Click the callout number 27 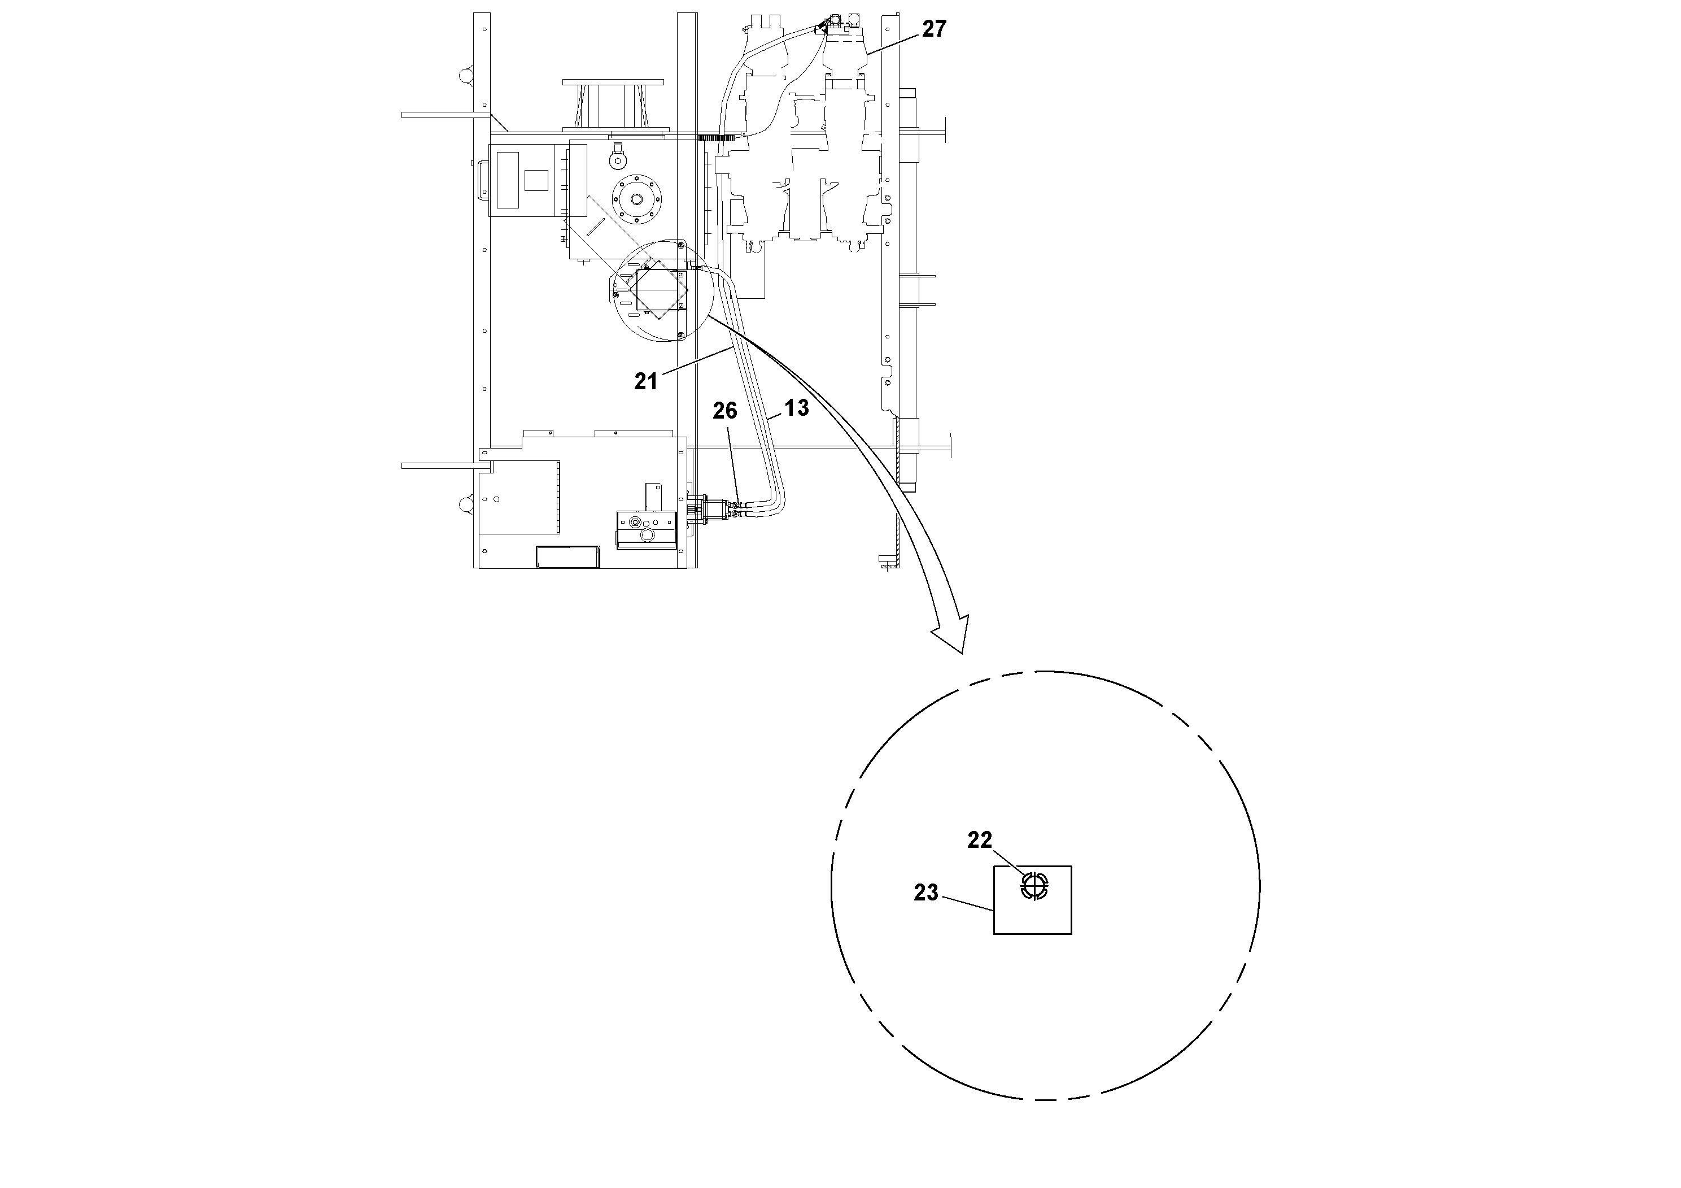click(933, 29)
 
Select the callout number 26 click(725, 411)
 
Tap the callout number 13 click(797, 408)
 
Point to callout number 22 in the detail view click(979, 840)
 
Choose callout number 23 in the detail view click(925, 892)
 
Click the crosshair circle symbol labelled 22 click(1034, 887)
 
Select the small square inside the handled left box click(536, 180)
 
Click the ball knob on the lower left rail click(466, 504)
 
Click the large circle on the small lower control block click(647, 536)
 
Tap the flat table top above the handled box click(612, 82)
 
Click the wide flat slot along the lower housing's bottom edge click(567, 556)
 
